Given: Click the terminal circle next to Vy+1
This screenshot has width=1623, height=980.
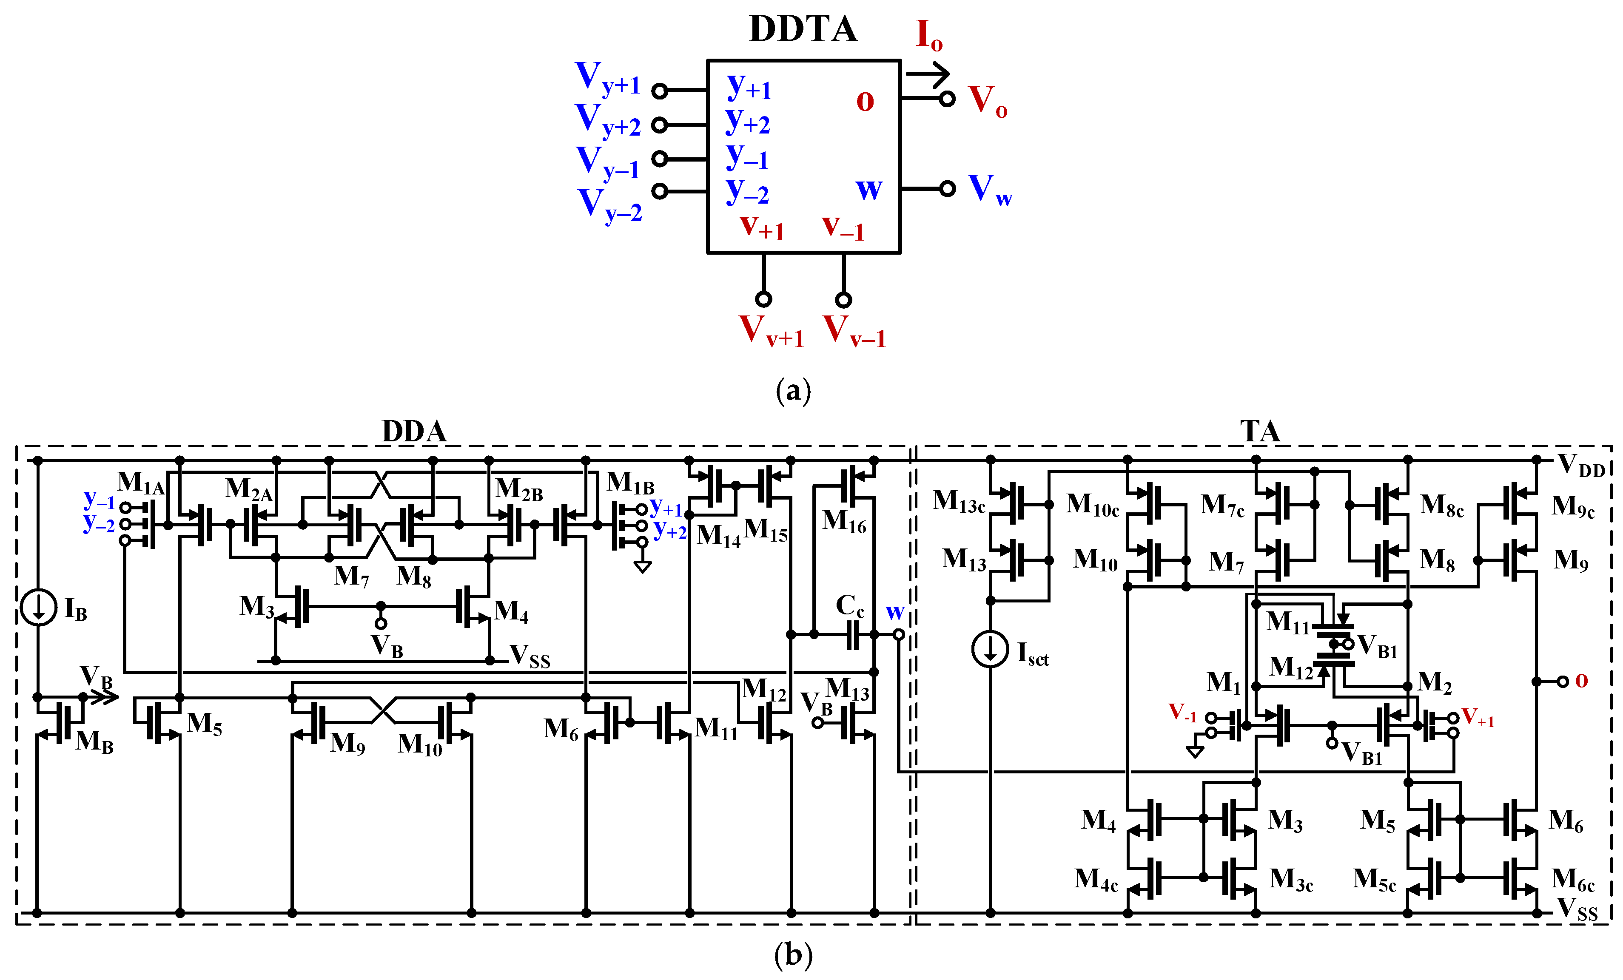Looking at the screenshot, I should pyautogui.click(x=659, y=91).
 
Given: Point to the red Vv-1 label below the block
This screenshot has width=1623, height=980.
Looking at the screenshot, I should pyautogui.click(x=854, y=331).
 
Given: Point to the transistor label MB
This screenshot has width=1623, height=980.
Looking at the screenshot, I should pyautogui.click(x=94, y=741).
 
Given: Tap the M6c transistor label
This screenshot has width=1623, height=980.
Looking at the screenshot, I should pyautogui.click(x=1573, y=879).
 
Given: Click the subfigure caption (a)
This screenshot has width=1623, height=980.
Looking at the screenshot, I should pyautogui.click(x=793, y=391).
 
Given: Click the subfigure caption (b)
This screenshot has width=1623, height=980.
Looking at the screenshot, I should pyautogui.click(x=793, y=954).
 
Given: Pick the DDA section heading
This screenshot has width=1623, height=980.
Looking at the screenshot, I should pyautogui.click(x=414, y=432).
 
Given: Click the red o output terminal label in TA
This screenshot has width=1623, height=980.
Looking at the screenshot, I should pyautogui.click(x=1581, y=681).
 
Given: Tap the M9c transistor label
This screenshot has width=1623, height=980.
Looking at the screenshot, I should pyautogui.click(x=1573, y=506).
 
